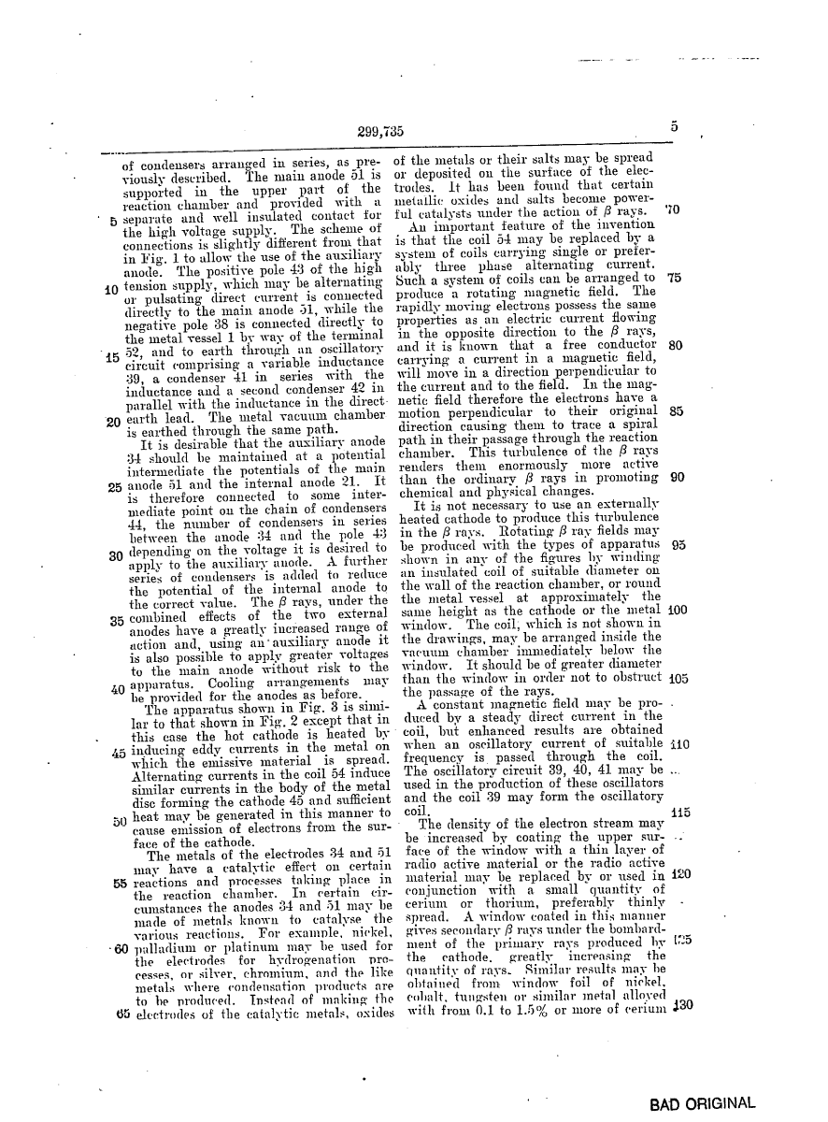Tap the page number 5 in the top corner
[674, 128]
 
